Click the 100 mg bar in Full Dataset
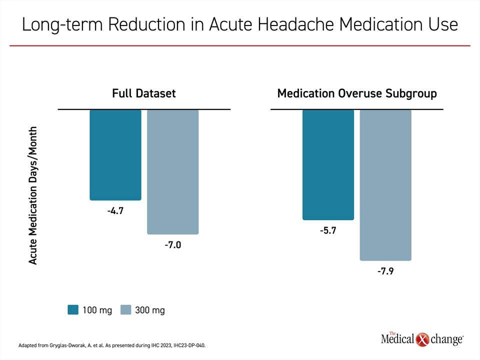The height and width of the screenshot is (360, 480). click(115, 155)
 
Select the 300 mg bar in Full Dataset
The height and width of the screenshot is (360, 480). click(172, 172)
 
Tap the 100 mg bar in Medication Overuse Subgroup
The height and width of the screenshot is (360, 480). click(328, 164)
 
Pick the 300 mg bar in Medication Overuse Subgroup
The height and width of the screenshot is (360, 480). click(385, 185)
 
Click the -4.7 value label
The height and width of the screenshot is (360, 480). click(115, 211)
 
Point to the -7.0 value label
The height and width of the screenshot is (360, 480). click(172, 245)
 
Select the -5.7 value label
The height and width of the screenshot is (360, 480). click(328, 230)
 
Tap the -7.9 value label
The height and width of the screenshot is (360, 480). click(385, 271)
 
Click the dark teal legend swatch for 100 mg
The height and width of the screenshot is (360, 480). click(73, 310)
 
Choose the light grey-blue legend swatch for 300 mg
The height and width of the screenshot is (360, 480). click(126, 310)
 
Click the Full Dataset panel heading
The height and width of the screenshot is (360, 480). click(144, 93)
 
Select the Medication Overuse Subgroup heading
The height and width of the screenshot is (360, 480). click(357, 93)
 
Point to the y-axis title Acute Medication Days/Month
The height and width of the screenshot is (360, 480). click(33, 195)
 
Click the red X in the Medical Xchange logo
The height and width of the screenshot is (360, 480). click(422, 339)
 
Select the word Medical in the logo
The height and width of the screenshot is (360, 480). click(397, 339)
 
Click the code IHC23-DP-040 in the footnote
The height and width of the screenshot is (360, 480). click(189, 345)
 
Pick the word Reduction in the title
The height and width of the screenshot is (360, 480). click(146, 24)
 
